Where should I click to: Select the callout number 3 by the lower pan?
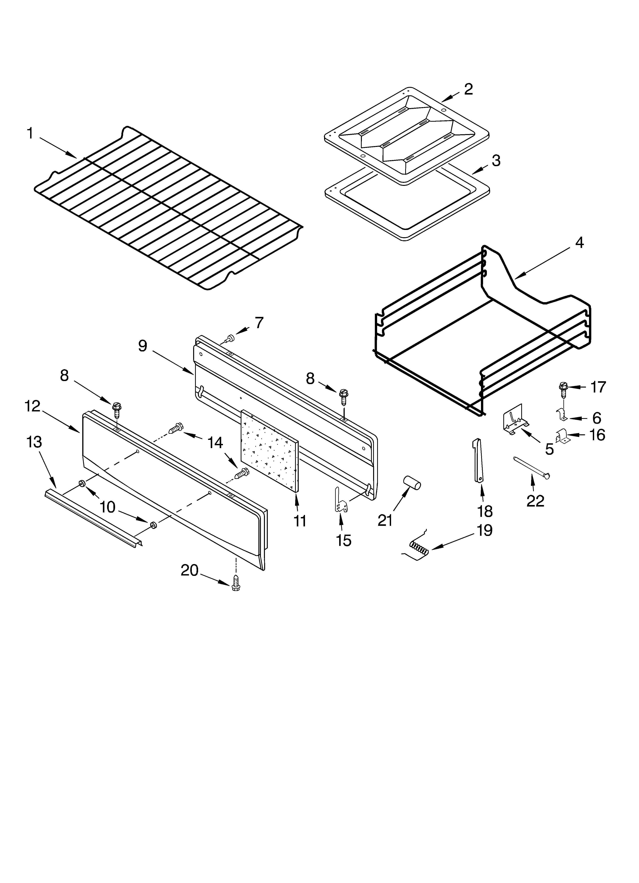point(496,160)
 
